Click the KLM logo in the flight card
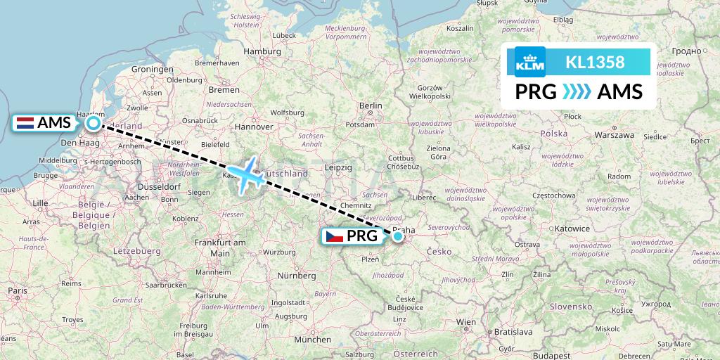529,62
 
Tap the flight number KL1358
595,62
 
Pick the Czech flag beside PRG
335,236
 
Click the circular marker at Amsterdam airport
93,124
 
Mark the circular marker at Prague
399,236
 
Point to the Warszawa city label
615,134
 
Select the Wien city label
466,321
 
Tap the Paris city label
17,290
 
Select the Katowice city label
570,229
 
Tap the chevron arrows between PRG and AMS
577,92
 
